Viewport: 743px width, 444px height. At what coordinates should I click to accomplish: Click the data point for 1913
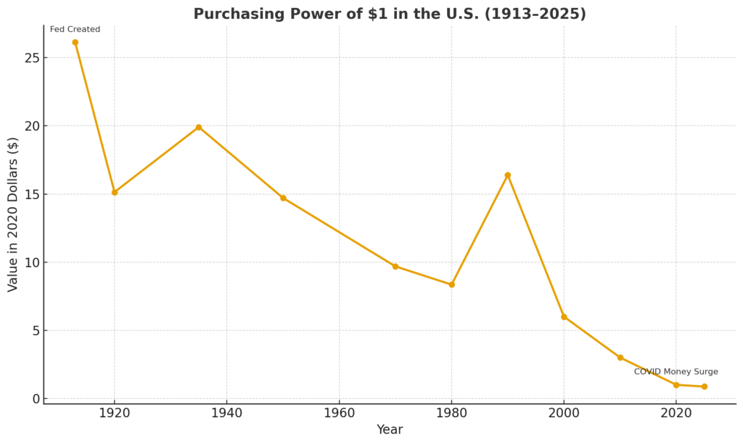75,42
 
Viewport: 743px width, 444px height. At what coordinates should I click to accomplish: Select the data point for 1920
114,193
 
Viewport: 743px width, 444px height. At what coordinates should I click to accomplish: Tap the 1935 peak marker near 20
198,127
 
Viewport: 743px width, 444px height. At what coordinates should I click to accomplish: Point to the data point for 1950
283,198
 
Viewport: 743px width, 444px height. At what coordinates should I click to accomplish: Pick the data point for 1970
395,266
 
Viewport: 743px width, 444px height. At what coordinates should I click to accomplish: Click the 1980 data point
451,284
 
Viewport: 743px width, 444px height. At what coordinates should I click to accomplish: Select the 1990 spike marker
507,175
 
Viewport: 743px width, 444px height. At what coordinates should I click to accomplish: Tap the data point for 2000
564,317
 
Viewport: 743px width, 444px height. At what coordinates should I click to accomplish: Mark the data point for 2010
620,358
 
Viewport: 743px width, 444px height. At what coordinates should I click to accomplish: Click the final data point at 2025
704,387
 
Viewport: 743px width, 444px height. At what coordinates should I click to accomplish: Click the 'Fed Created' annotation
75,30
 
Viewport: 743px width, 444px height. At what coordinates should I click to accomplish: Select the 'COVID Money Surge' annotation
676,372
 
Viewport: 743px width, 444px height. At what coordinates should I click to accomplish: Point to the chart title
390,14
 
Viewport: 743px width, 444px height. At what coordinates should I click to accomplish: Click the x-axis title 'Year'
390,429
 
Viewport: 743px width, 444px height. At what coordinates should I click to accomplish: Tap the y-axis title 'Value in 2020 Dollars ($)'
13,214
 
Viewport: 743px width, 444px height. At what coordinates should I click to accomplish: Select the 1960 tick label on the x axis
339,413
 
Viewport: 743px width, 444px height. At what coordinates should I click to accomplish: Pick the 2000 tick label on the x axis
564,413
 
